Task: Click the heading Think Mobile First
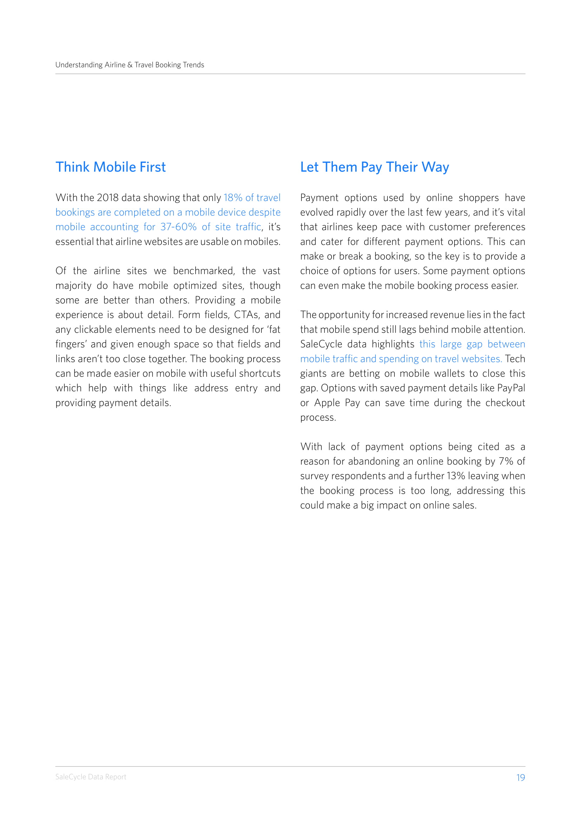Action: click(x=111, y=167)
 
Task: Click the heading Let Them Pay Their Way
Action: click(x=374, y=167)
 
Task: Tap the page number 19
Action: click(x=520, y=777)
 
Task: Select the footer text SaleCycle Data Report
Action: click(x=91, y=777)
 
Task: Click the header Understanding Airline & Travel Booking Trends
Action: click(x=130, y=65)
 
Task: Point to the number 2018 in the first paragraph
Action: click(x=107, y=198)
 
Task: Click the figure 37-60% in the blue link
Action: click(x=178, y=227)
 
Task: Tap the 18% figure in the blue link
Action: click(x=233, y=198)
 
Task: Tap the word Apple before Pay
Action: click(x=327, y=403)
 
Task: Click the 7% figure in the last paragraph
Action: click(x=506, y=461)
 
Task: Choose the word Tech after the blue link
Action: click(x=515, y=359)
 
